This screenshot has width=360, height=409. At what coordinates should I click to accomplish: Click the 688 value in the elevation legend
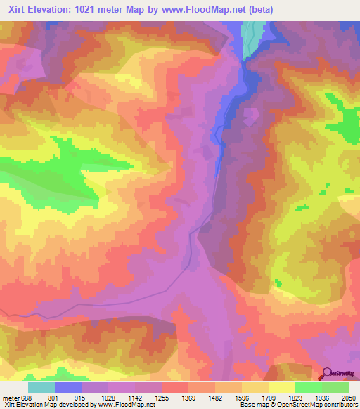pyautogui.click(x=27, y=397)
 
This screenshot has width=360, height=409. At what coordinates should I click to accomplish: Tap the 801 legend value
pyautogui.click(x=62, y=397)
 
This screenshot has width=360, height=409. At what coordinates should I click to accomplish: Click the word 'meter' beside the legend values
pyautogui.click(x=10, y=397)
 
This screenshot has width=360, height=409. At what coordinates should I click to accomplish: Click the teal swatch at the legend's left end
pyautogui.click(x=41, y=387)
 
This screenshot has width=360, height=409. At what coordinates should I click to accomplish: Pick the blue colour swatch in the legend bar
pyautogui.click(x=68, y=387)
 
